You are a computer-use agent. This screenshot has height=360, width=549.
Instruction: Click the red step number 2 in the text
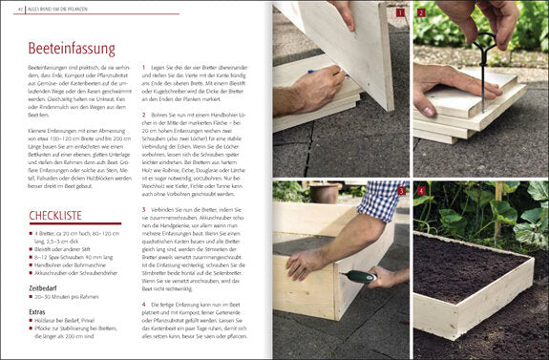point(143,115)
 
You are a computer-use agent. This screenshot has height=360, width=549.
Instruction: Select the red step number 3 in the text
point(143,207)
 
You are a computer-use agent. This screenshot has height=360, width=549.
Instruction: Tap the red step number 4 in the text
point(143,302)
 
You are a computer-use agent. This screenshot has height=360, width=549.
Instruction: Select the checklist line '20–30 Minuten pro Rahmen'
point(71,297)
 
